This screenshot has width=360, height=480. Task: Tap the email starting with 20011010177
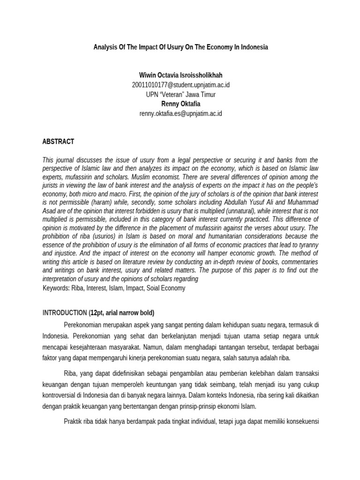click(x=181, y=85)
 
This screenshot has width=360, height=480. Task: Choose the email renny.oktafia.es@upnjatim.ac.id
click(x=181, y=113)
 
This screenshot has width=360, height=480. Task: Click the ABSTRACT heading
click(x=58, y=142)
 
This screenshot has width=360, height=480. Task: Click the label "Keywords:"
click(x=57, y=288)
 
